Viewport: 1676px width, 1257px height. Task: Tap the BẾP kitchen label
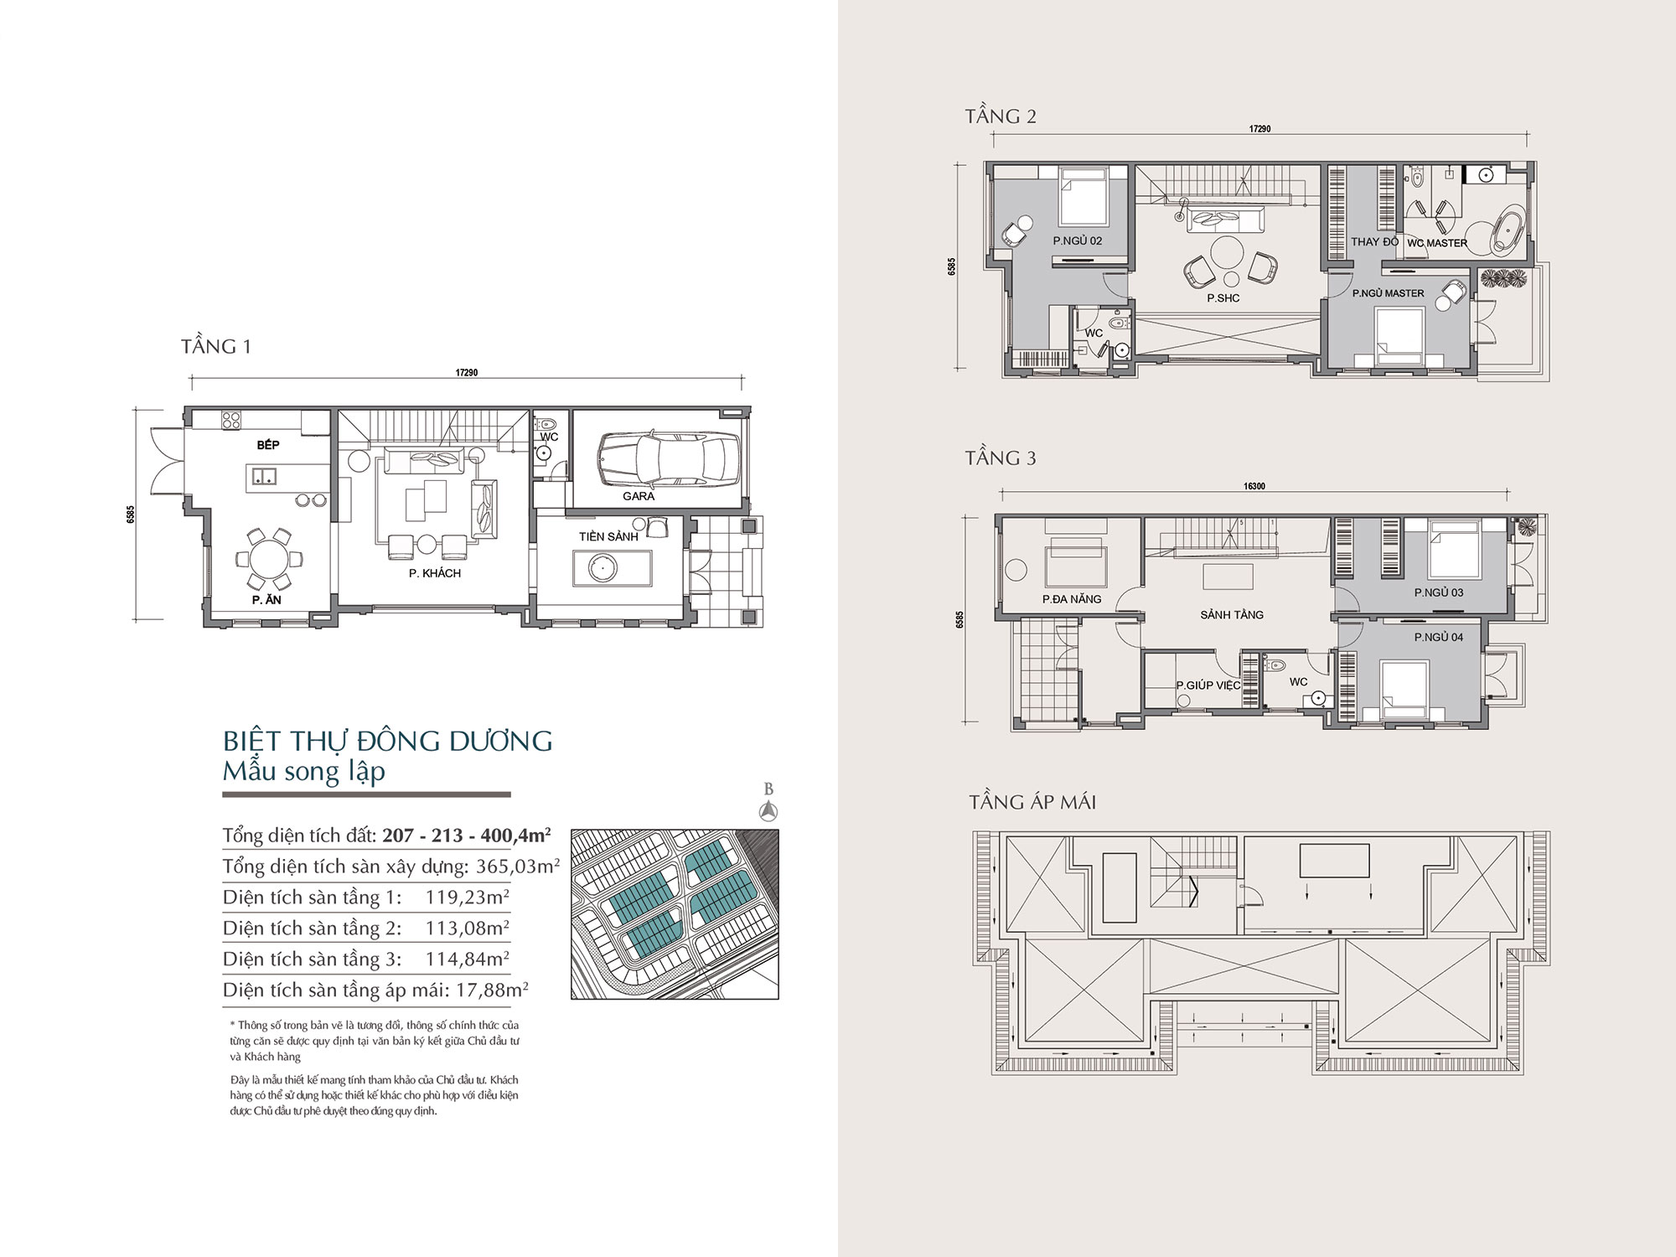[x=268, y=445]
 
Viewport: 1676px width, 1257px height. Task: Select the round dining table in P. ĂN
[x=268, y=559]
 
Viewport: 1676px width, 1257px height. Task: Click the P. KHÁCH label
[x=435, y=573]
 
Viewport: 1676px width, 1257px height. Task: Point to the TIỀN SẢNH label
[x=608, y=536]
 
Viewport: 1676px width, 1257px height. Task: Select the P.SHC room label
[x=1223, y=298]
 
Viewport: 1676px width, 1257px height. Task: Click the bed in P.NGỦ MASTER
[x=1400, y=337]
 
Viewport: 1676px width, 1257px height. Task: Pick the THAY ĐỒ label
[x=1375, y=242]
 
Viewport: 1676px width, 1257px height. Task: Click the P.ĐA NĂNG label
[x=1072, y=599]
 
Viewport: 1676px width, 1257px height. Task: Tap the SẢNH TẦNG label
[x=1232, y=615]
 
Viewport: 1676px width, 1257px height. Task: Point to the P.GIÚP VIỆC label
[x=1208, y=685]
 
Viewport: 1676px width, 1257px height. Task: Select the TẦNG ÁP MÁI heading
[x=1032, y=802]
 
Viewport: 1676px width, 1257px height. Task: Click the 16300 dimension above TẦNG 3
[x=1254, y=486]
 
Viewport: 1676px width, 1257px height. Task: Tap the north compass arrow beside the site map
[x=768, y=810]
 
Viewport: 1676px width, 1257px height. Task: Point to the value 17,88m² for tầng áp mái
[x=492, y=991]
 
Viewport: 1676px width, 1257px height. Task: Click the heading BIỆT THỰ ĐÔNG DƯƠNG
[x=388, y=741]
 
